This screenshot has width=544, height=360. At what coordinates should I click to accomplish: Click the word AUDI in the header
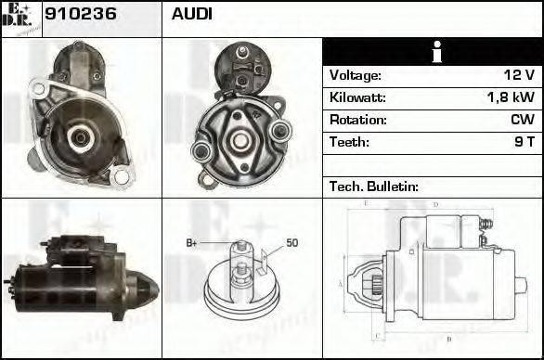191,15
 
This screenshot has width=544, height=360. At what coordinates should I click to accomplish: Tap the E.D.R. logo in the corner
21,18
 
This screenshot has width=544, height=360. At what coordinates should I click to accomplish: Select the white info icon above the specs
432,53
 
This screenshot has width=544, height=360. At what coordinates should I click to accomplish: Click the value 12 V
518,75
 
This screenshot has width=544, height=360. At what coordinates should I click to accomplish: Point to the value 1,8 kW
510,97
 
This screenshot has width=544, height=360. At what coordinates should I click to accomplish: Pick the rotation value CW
522,120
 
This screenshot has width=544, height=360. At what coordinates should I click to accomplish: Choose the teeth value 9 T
525,142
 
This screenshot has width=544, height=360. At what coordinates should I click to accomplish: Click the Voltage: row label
355,75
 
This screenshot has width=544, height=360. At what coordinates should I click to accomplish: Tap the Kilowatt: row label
357,97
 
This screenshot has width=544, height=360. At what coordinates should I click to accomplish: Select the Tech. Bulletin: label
374,186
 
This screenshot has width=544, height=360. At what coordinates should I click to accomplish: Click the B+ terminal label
192,243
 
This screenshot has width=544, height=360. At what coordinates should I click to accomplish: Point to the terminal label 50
291,243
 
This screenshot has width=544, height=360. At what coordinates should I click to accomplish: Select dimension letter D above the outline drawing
435,204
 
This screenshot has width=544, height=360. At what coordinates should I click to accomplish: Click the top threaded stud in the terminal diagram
241,246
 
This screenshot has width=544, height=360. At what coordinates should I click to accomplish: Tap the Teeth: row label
349,142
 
